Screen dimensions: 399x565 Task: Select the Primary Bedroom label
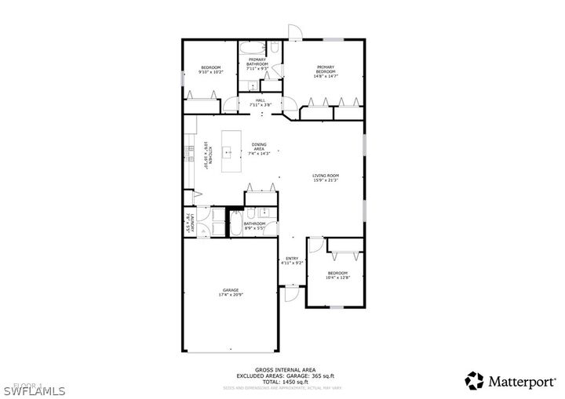click(x=326, y=71)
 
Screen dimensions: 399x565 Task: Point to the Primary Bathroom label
click(x=258, y=64)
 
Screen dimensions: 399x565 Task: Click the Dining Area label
click(x=259, y=149)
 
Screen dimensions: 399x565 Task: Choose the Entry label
click(x=292, y=261)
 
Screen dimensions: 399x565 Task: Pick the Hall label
click(x=260, y=102)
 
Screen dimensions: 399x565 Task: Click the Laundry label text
click(x=188, y=222)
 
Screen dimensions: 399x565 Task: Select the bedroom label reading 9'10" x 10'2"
click(x=210, y=70)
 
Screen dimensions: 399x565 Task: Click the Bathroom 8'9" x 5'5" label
click(x=254, y=226)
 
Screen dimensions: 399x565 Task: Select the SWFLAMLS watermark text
click(x=32, y=389)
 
